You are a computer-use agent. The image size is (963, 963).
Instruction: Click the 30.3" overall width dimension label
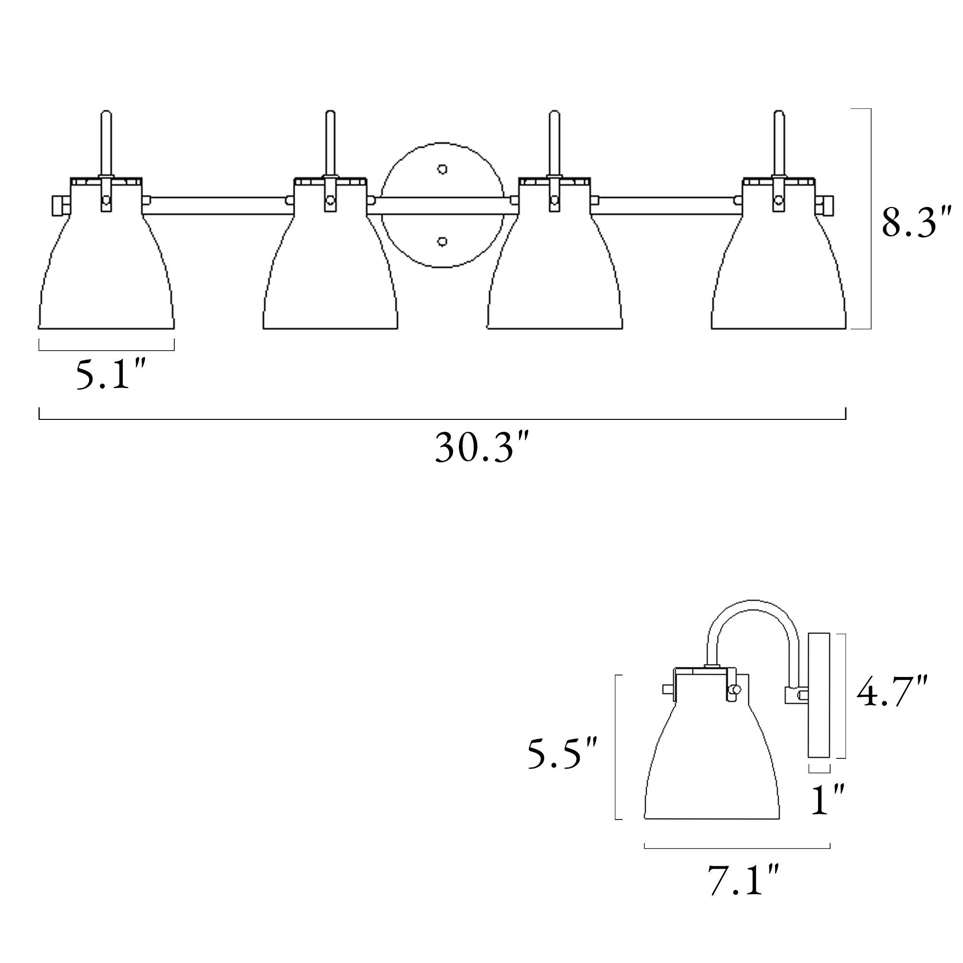[x=481, y=447]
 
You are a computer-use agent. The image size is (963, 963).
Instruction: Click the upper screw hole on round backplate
[x=442, y=169]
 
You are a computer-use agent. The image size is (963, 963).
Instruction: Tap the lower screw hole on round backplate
[x=442, y=242]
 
